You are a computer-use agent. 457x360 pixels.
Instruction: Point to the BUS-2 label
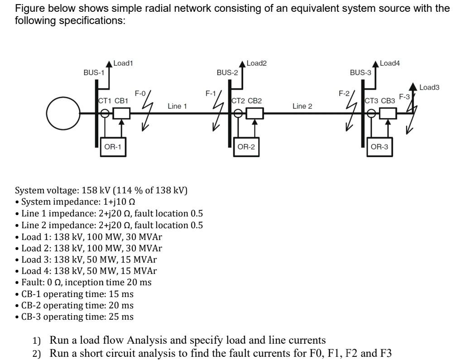point(227,72)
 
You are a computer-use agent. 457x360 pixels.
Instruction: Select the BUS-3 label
point(361,72)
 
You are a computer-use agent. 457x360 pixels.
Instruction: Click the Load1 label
point(123,64)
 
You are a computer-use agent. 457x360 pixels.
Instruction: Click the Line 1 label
point(177,106)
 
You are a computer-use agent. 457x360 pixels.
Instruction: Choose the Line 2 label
point(302,106)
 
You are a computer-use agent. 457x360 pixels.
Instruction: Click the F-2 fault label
point(344,94)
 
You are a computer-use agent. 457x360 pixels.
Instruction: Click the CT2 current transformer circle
point(238,113)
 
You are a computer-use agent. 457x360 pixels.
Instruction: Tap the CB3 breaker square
point(388,113)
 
